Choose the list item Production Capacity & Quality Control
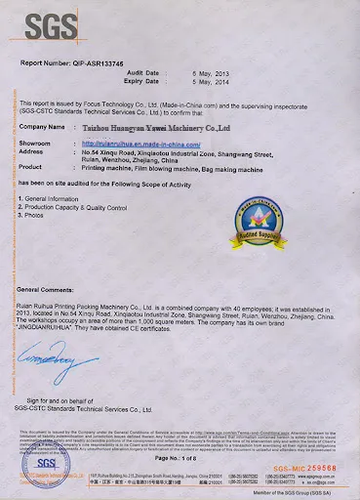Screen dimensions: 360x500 pos(80,206)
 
